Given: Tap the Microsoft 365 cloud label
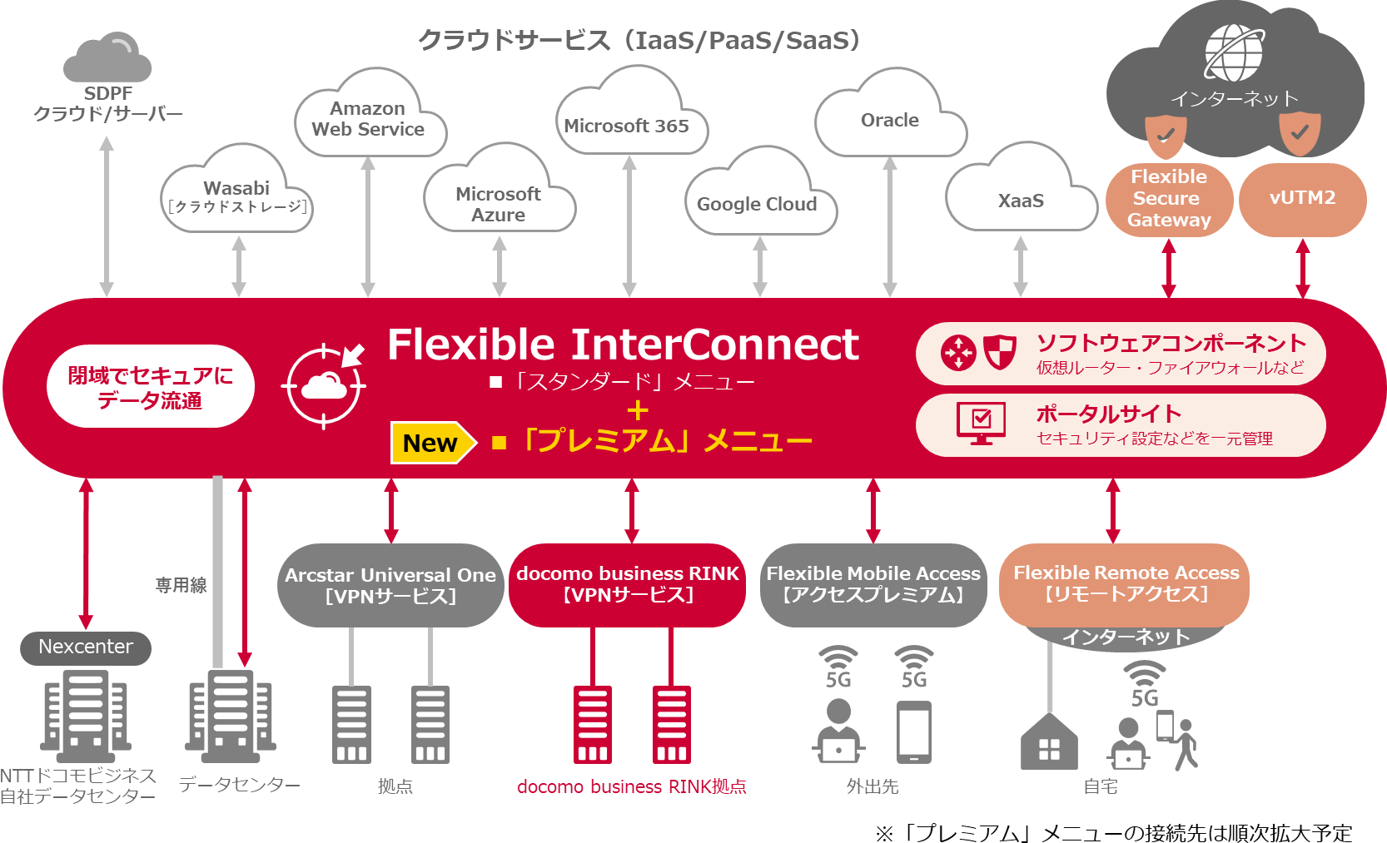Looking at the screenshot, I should [x=627, y=126].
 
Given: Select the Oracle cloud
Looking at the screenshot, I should [x=890, y=121].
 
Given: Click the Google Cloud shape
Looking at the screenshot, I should [x=758, y=203].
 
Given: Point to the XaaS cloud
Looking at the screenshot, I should [x=1021, y=200].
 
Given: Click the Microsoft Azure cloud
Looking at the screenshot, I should [x=498, y=203].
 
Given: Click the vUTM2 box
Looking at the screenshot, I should [x=1302, y=198].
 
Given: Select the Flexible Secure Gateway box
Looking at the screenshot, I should [x=1169, y=198].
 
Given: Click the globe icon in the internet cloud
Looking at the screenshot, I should [x=1234, y=52].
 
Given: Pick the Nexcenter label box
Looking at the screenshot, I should [x=86, y=647].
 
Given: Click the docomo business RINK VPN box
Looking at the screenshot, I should [x=627, y=584].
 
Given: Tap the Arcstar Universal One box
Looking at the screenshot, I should [x=390, y=585].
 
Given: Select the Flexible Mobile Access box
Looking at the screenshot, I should [x=873, y=584].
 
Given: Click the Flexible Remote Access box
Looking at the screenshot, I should [x=1126, y=583].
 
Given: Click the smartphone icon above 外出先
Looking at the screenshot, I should [x=913, y=732].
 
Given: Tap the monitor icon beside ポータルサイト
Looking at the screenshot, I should [x=981, y=423].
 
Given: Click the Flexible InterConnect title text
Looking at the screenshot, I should [x=623, y=345].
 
